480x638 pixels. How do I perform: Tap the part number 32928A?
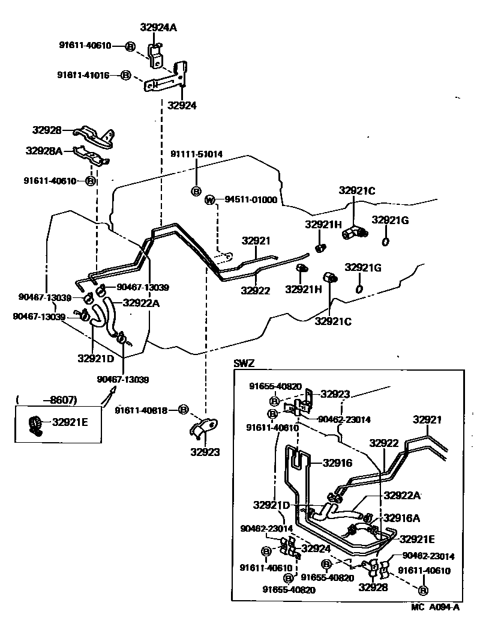click(44, 151)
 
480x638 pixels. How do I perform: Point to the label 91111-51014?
click(196, 154)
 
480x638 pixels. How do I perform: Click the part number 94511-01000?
click(251, 199)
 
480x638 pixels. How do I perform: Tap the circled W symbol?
click(210, 199)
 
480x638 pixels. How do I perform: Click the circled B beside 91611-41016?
click(125, 75)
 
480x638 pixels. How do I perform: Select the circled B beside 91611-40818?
click(184, 409)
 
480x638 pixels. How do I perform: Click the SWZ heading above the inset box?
click(244, 363)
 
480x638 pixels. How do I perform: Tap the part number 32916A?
click(401, 517)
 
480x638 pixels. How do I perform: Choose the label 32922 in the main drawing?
click(256, 290)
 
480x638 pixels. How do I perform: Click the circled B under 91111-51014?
click(196, 191)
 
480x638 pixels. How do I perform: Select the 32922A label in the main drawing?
click(141, 303)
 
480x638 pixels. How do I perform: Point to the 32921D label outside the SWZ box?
click(95, 359)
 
